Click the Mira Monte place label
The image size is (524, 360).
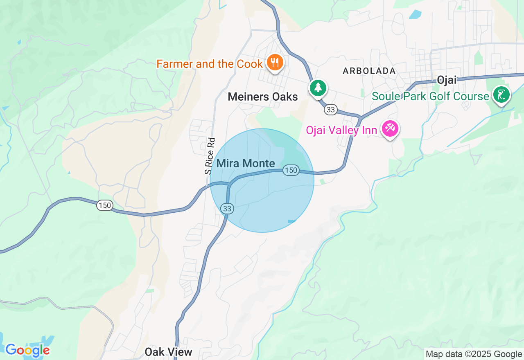(246, 164)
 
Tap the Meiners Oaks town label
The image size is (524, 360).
(263, 97)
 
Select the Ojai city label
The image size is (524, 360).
(447, 80)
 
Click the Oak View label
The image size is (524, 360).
(168, 352)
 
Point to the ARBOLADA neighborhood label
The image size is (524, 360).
(369, 71)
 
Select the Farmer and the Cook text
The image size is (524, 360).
(210, 64)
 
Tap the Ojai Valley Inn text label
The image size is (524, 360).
(341, 130)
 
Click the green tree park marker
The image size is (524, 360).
(318, 88)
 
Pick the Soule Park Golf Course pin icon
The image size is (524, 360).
(501, 94)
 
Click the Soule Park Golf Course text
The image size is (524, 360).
(430, 97)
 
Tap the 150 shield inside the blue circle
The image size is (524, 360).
(291, 170)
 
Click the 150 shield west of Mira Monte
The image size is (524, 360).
(105, 205)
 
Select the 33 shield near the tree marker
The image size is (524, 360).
(331, 110)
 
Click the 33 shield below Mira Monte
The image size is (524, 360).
(227, 209)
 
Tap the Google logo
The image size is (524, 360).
(27, 350)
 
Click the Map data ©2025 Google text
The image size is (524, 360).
(474, 354)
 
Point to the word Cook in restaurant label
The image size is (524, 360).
(249, 64)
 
